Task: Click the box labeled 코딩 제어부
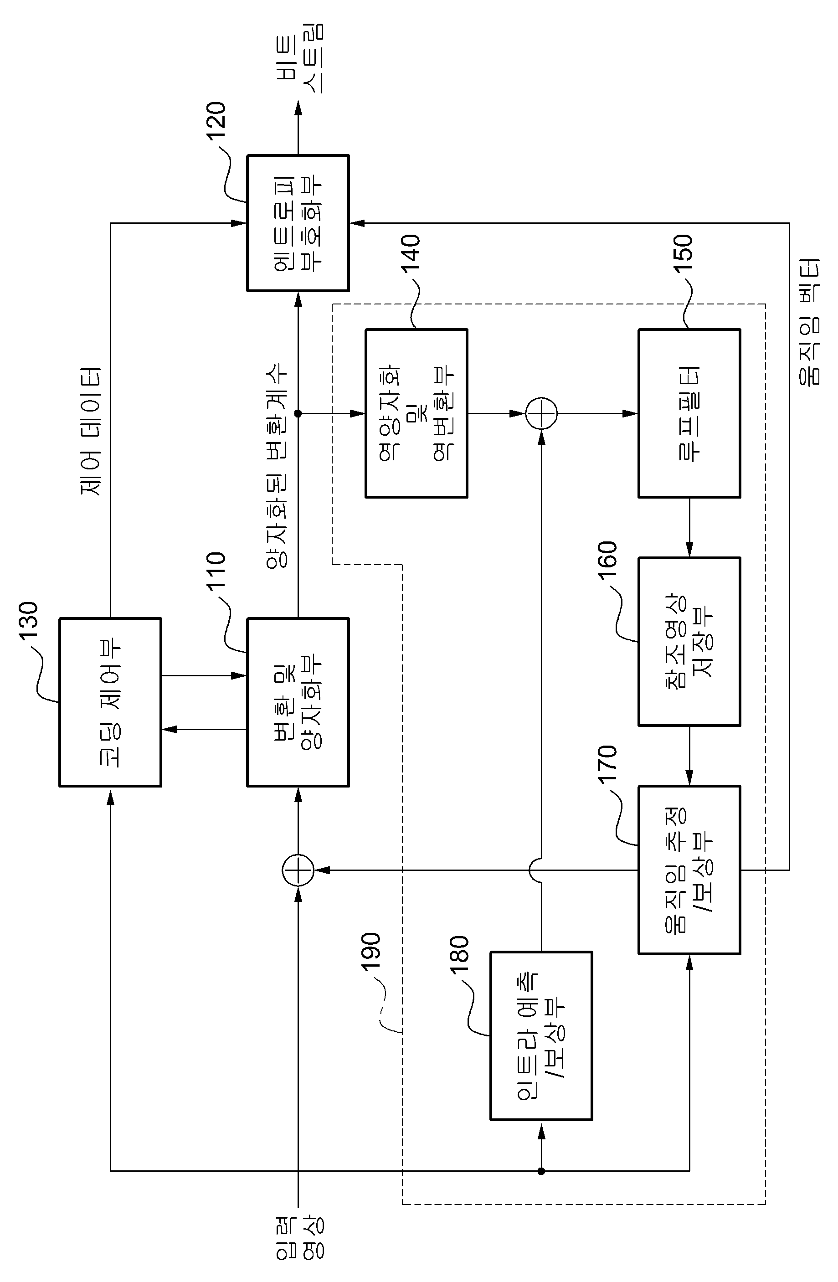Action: [x=110, y=702]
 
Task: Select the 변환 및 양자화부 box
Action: [x=298, y=702]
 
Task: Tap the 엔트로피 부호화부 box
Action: [x=298, y=223]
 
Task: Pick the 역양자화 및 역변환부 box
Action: [x=416, y=413]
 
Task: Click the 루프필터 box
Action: [x=689, y=413]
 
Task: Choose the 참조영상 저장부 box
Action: [x=689, y=642]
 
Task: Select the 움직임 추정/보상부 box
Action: [x=689, y=870]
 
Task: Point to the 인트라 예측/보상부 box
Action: [x=541, y=1036]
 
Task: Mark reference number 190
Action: [x=371, y=952]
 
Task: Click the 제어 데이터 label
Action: [x=91, y=431]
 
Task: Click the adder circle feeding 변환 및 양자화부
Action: [x=298, y=870]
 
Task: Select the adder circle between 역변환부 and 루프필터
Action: [x=541, y=413]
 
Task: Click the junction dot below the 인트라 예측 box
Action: [x=541, y=1170]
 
